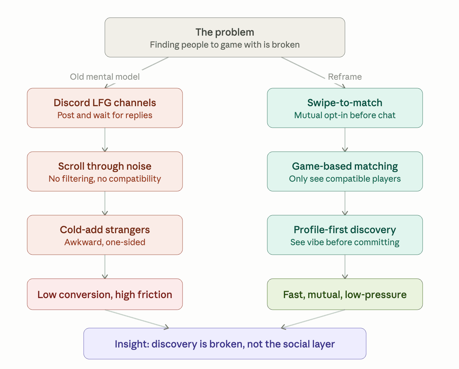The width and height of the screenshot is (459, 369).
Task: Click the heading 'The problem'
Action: (x=225, y=32)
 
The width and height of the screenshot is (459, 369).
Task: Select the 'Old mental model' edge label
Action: (x=105, y=77)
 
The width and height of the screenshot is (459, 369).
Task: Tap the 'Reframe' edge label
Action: (x=345, y=77)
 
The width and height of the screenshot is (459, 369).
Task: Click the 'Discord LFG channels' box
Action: (x=105, y=108)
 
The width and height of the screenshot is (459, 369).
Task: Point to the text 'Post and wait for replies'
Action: (x=105, y=115)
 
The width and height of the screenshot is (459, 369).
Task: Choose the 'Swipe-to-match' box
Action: (x=345, y=108)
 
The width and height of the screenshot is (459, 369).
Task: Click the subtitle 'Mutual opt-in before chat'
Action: (x=345, y=115)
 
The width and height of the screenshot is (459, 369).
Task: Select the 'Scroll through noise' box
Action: (x=105, y=171)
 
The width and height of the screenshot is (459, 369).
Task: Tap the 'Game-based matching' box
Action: (x=345, y=171)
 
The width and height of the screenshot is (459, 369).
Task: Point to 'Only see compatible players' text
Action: (x=345, y=179)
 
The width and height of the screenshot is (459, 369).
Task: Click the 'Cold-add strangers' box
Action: (x=105, y=235)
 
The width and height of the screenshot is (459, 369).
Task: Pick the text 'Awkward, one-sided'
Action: (x=105, y=242)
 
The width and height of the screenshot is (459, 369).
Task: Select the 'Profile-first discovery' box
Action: (x=345, y=235)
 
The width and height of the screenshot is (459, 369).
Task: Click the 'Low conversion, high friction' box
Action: (x=105, y=294)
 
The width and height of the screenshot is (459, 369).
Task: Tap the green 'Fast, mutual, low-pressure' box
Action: (x=345, y=294)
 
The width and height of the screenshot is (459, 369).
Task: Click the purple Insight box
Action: (x=225, y=344)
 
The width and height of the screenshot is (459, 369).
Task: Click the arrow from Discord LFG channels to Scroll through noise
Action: (x=105, y=140)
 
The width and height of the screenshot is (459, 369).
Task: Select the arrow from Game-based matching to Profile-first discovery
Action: (x=345, y=203)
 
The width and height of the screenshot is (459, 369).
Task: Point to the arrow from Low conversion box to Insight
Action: (x=137, y=319)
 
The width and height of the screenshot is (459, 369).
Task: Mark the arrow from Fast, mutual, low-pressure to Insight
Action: (x=313, y=319)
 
